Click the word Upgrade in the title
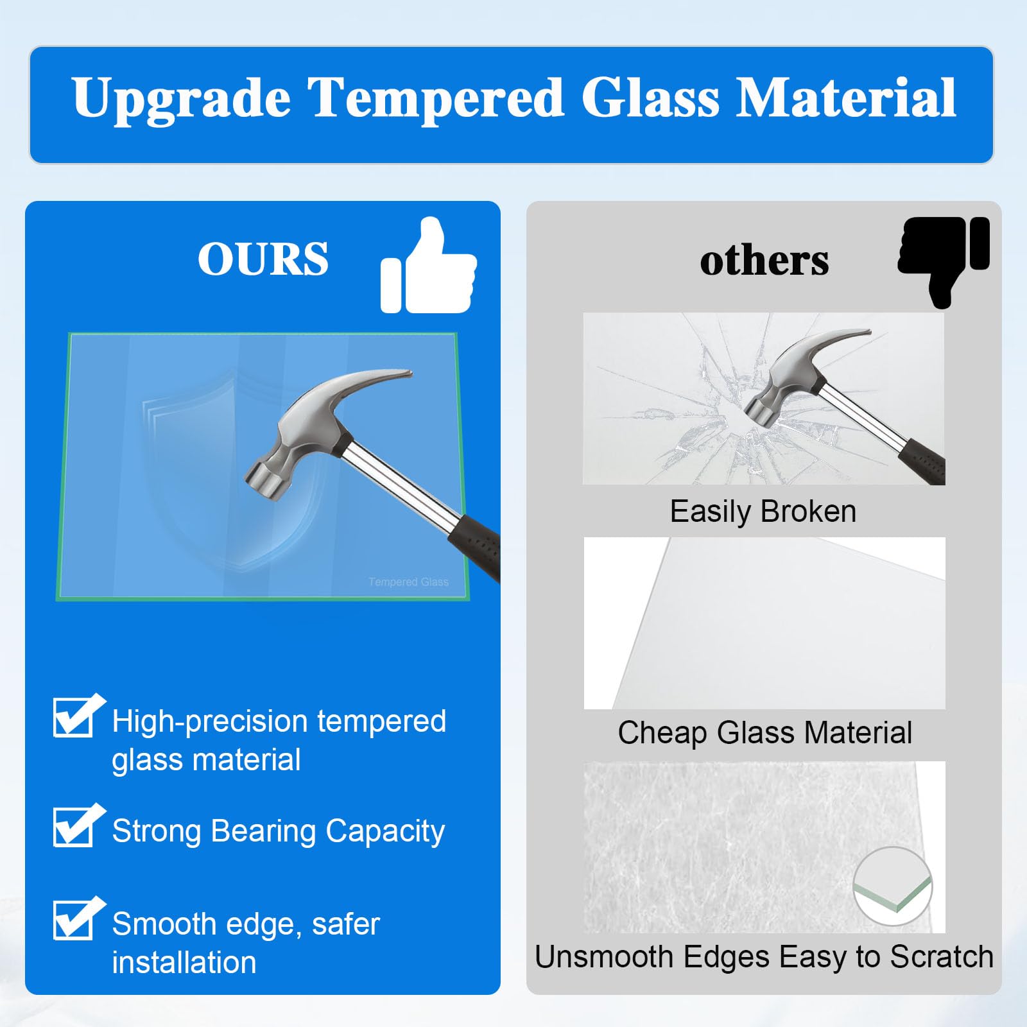pyautogui.click(x=181, y=99)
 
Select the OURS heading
pyautogui.click(x=263, y=259)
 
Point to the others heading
pyautogui.click(x=764, y=261)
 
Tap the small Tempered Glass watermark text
pyautogui.click(x=408, y=582)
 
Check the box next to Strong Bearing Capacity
pyautogui.click(x=76, y=825)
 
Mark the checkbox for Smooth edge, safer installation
pyautogui.click(x=76, y=919)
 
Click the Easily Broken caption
pyautogui.click(x=763, y=512)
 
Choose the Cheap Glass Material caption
pyautogui.click(x=764, y=732)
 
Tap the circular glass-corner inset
pyautogui.click(x=892, y=886)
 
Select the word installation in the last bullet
pyautogui.click(x=184, y=962)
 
